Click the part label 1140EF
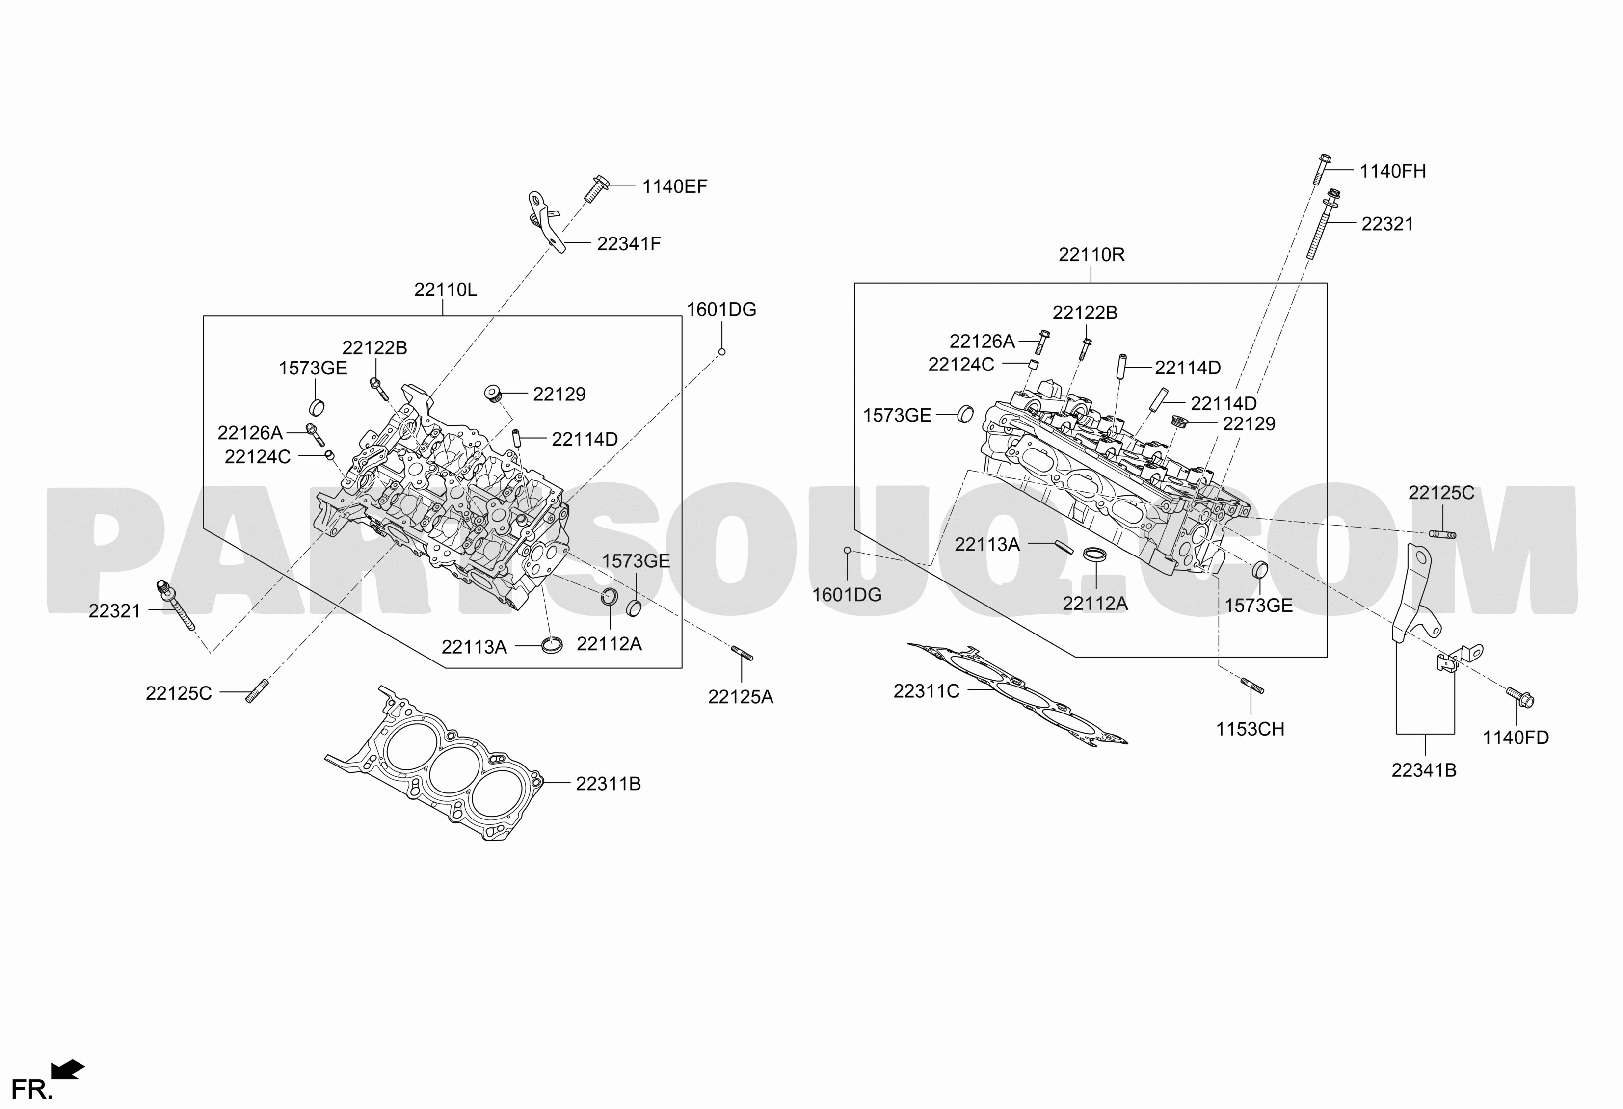675,186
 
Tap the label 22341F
629,244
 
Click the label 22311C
926,691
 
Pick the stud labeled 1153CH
1251,686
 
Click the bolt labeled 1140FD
1519,697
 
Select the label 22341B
1424,770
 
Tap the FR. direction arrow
68,1070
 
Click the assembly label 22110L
446,290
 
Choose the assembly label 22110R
1091,255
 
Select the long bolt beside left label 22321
177,605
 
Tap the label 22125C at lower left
179,693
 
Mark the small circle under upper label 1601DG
722,352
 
